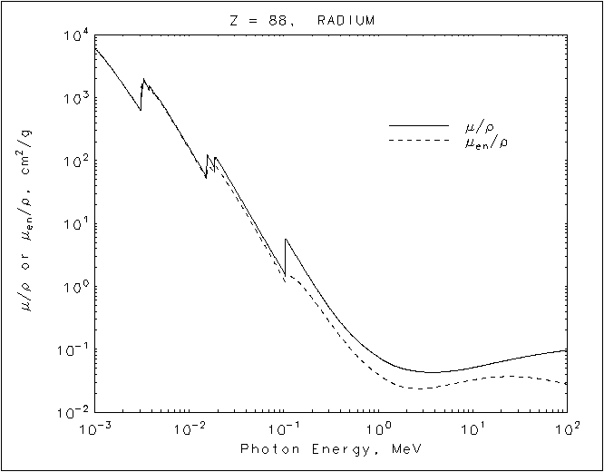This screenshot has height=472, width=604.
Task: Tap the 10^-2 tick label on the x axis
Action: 190,428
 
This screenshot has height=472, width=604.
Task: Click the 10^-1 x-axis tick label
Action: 284,428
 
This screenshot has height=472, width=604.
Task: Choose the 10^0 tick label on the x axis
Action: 379,428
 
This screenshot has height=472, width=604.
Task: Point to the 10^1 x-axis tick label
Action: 473,428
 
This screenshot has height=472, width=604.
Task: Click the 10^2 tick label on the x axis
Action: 566,428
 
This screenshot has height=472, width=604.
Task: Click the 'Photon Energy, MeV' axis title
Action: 330,449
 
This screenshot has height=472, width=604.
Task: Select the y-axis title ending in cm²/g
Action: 28,223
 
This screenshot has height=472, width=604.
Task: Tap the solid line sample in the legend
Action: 418,124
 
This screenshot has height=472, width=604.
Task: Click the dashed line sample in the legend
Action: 418,141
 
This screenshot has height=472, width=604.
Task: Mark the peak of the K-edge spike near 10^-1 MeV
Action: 286,240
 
